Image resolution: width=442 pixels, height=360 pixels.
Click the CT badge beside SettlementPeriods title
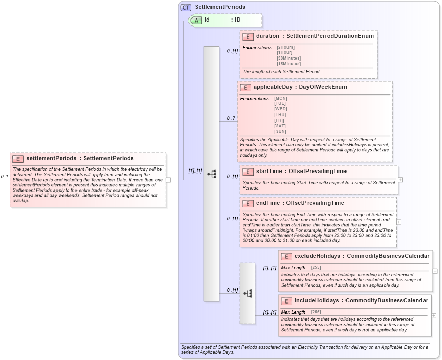(x=186, y=7)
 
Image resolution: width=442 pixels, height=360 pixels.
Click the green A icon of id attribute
(x=196, y=20)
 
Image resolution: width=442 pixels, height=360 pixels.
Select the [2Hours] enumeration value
(x=285, y=47)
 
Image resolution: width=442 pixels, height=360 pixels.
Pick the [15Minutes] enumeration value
(x=289, y=63)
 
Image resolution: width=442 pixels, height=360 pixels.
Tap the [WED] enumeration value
(x=281, y=109)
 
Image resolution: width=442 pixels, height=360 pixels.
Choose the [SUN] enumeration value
(x=281, y=131)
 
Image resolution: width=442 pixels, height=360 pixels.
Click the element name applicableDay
(x=273, y=87)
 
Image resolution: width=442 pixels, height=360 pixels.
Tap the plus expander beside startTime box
(x=400, y=180)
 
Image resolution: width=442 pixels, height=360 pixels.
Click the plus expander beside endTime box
(x=399, y=222)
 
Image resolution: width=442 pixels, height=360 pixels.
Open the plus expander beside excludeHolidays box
(x=435, y=271)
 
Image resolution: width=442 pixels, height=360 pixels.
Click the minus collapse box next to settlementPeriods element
(x=168, y=180)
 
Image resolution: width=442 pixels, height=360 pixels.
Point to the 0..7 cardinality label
(x=231, y=119)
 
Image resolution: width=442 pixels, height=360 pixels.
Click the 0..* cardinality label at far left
(x=4, y=177)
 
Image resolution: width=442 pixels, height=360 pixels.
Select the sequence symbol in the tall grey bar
(x=212, y=174)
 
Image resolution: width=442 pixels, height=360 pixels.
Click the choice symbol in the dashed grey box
(x=247, y=293)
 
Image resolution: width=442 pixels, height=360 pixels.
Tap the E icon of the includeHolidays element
(x=286, y=300)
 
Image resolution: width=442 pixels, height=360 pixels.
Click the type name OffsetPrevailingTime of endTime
(x=315, y=203)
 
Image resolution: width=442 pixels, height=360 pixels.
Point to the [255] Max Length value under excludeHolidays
(x=316, y=268)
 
